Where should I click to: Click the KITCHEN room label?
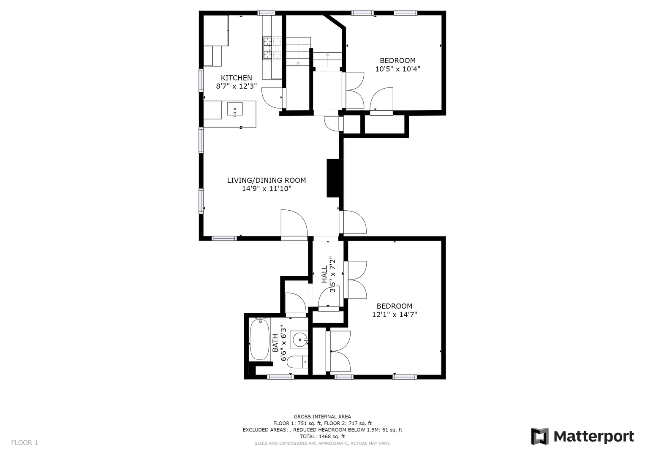click(237, 78)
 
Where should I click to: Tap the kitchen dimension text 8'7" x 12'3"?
click(237, 86)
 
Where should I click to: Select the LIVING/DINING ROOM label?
click(267, 180)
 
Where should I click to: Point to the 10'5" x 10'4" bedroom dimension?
click(397, 69)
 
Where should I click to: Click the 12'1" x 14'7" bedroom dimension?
click(395, 315)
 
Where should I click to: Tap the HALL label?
click(324, 274)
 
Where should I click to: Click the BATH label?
click(275, 343)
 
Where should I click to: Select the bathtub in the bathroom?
click(259, 339)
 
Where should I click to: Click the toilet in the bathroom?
click(297, 362)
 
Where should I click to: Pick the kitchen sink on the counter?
click(235, 109)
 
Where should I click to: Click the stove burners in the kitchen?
click(272, 48)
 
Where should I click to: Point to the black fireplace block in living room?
click(333, 178)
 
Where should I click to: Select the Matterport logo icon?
click(539, 436)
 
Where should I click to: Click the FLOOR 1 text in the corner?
click(24, 442)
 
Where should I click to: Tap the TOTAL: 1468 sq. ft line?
click(322, 436)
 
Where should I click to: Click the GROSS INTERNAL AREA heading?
click(322, 417)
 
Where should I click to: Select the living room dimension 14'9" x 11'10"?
click(267, 189)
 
